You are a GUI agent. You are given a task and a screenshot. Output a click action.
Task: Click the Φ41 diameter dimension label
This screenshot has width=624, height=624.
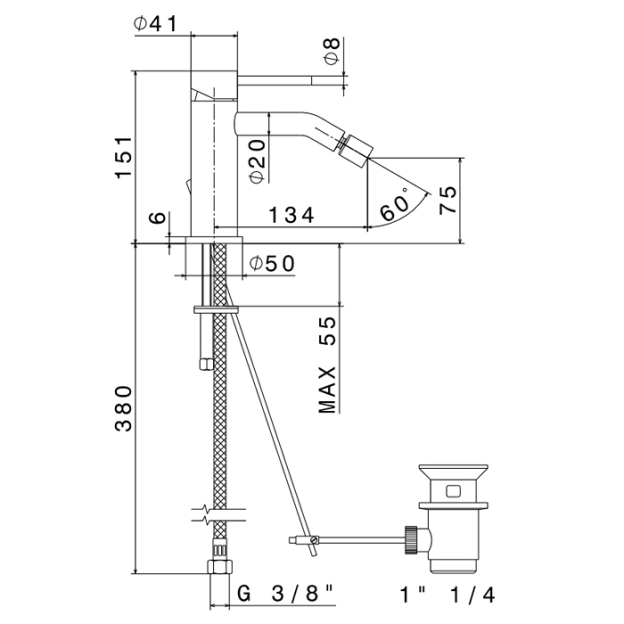tap(155, 23)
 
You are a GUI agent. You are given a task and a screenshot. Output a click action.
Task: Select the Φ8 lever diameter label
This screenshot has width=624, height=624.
tap(333, 51)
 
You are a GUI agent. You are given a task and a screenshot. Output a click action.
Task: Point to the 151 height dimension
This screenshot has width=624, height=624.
tap(124, 157)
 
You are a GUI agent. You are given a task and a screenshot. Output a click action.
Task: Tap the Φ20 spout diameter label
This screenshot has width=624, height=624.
tap(258, 160)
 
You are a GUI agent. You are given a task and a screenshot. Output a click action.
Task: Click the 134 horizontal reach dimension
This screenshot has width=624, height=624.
tap(291, 216)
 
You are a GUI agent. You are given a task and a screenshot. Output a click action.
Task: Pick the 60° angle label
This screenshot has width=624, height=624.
tap(394, 205)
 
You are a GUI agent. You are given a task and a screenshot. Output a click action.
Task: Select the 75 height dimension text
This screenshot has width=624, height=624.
tap(447, 201)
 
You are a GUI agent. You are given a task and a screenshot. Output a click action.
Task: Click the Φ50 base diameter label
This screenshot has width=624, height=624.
tap(272, 263)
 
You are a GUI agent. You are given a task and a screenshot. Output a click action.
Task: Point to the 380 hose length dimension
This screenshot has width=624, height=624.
tap(123, 408)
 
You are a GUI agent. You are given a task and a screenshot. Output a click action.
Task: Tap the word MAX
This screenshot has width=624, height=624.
tap(327, 390)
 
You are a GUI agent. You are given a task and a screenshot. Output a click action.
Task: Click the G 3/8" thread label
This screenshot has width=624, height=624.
tap(285, 595)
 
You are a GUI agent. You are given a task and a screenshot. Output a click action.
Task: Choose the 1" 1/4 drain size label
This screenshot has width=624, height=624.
tap(447, 595)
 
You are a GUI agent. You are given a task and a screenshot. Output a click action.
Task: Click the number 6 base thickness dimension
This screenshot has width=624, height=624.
tap(158, 218)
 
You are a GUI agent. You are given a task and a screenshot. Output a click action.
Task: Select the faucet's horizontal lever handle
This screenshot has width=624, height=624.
tap(290, 80)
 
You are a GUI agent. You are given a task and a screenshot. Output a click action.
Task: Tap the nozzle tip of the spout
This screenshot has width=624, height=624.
tap(356, 149)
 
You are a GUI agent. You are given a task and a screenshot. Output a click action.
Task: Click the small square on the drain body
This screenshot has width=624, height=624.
tap(453, 491)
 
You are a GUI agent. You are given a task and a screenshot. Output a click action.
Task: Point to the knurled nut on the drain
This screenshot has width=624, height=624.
tap(411, 540)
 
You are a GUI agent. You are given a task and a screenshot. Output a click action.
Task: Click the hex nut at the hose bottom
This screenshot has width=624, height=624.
tap(219, 566)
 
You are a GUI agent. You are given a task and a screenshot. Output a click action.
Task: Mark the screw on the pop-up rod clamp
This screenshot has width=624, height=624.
tap(314, 540)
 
